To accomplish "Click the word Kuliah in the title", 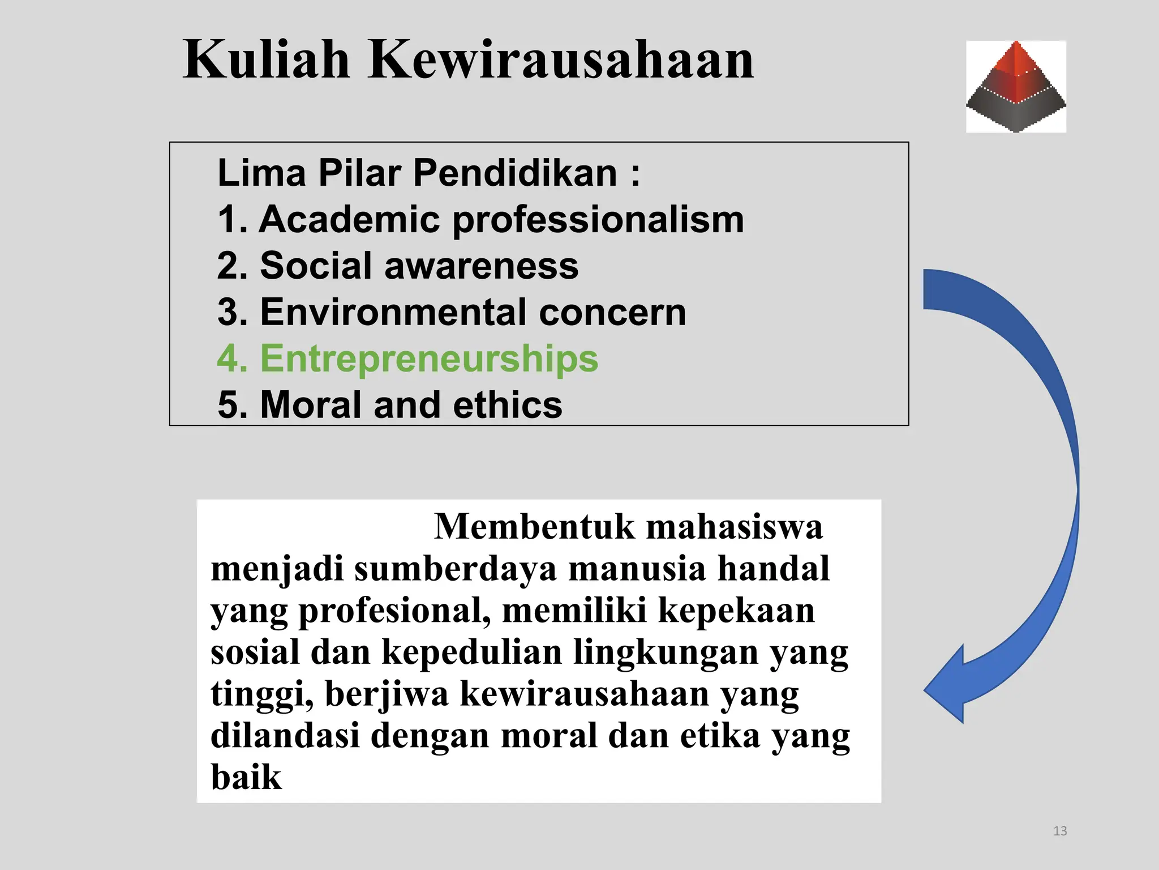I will pos(267,59).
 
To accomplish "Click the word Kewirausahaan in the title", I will pos(561,59).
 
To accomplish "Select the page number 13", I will pos(1060,831).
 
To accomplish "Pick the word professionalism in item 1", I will pos(598,220).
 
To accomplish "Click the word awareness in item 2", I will pos(482,266).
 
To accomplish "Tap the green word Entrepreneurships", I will pos(429,359).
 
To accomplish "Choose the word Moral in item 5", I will pos(311,405).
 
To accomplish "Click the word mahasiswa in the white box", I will pos(735,527).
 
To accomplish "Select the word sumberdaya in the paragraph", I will pos(456,569).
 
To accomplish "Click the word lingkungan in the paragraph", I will pos(666,652).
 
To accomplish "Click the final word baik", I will pos(246,777).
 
